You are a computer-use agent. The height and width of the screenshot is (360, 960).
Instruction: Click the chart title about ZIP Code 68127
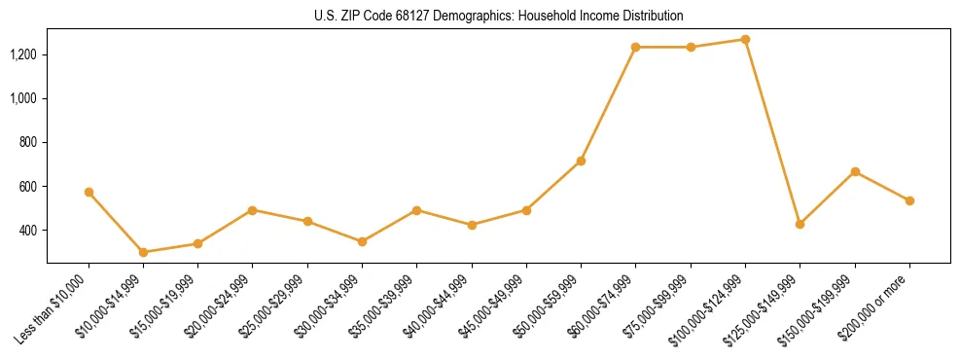click(498, 16)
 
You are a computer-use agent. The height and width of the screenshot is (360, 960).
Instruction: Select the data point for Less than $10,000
click(89, 192)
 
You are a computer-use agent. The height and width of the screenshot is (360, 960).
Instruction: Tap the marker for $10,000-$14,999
click(143, 252)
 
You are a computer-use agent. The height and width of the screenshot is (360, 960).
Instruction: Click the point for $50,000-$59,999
click(581, 161)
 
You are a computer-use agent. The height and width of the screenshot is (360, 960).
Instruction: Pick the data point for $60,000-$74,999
click(635, 47)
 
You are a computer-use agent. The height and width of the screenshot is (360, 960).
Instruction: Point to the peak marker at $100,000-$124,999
click(745, 40)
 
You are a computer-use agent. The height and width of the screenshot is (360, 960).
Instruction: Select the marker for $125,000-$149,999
click(800, 224)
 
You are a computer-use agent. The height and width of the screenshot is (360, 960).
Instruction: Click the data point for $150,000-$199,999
click(855, 171)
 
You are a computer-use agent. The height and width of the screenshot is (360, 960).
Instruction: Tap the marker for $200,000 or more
click(909, 200)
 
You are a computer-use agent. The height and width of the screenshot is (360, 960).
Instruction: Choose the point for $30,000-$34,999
click(362, 241)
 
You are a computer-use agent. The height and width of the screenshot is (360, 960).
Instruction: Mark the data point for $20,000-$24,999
click(252, 210)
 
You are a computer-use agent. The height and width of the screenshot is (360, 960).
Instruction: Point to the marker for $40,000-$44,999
click(472, 225)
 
